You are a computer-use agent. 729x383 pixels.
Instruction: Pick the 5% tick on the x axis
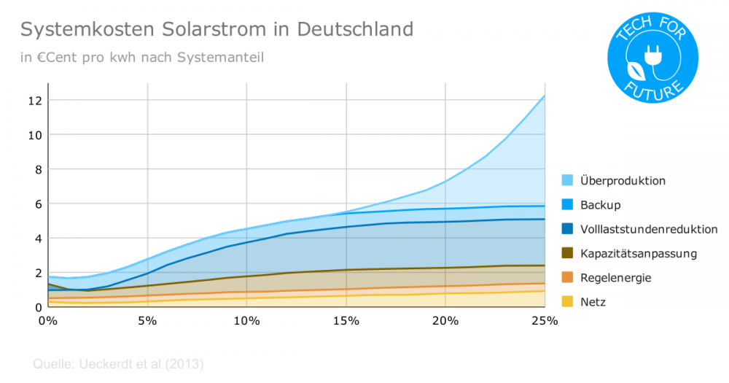[147, 320]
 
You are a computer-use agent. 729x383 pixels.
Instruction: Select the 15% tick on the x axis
[346, 320]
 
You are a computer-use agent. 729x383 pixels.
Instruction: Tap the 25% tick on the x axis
[545, 320]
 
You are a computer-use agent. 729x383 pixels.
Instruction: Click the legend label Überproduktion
[623, 180]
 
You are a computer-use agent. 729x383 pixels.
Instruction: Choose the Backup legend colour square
[567, 205]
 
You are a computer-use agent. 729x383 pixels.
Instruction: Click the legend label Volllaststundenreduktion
[649, 229]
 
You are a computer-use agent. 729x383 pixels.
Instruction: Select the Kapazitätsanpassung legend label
[639, 254]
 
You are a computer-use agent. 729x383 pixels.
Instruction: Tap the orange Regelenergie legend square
[567, 278]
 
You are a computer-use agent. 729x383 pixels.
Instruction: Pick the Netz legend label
[593, 302]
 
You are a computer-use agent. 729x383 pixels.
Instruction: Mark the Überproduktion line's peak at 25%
[545, 95]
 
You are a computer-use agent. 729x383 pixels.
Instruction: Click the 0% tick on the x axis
[47, 320]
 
